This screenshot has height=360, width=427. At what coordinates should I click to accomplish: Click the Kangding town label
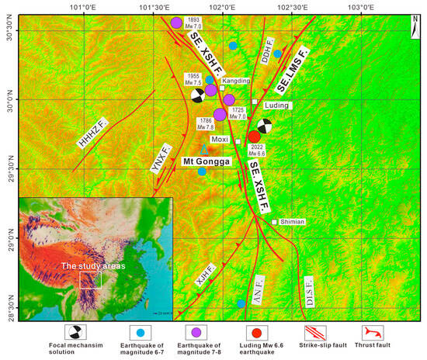[x=236, y=81]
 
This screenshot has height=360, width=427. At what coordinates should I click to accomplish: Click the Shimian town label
[x=293, y=222]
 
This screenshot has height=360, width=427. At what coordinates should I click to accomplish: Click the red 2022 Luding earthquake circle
[x=255, y=137]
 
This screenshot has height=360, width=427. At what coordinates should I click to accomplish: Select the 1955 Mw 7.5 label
[x=192, y=79]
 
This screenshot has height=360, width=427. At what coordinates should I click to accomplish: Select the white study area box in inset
[x=90, y=280]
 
